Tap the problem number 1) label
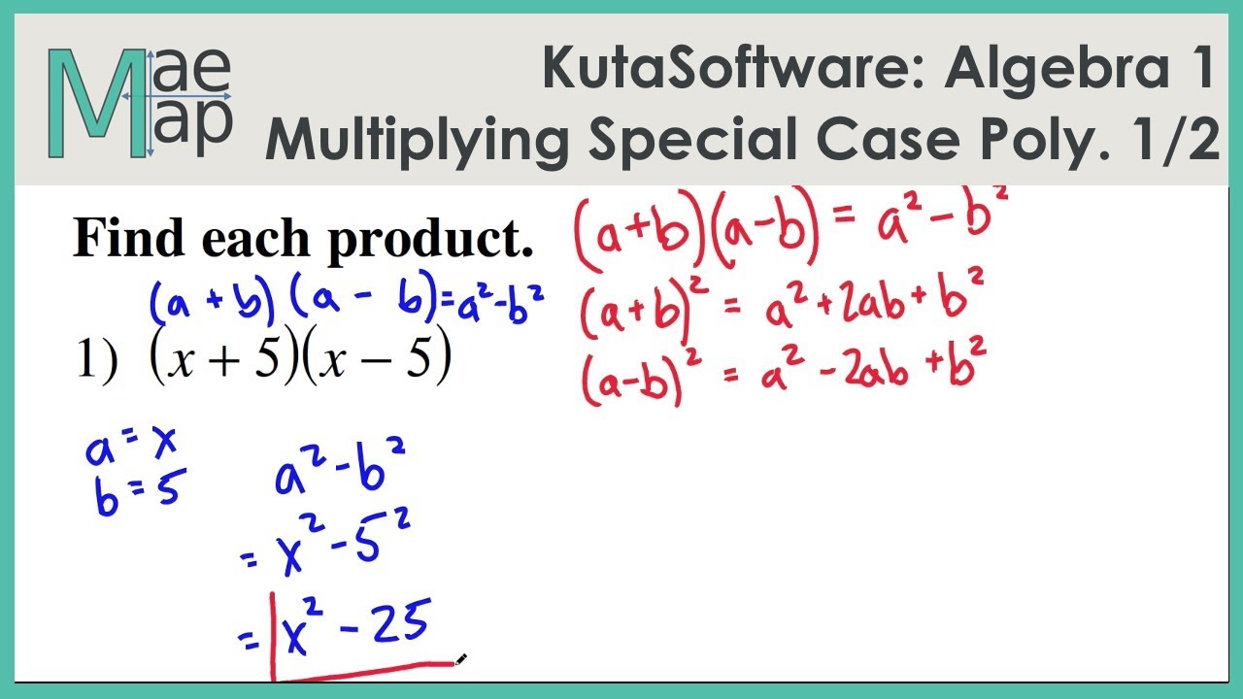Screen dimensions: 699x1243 pyautogui.click(x=96, y=362)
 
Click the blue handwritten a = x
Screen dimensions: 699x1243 pyautogui.click(x=130, y=448)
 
